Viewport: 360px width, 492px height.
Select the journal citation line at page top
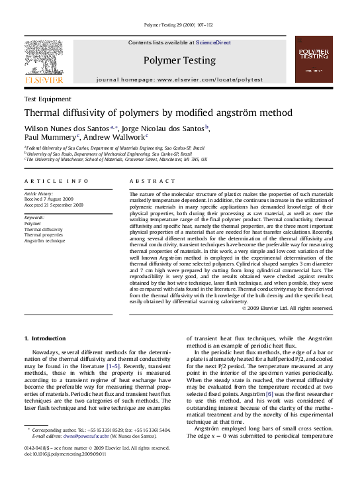[x=179, y=25]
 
